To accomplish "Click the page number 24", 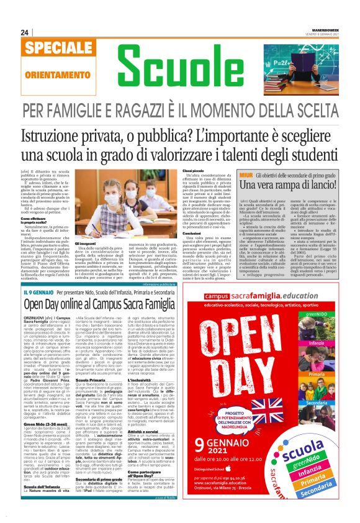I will [25, 32].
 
